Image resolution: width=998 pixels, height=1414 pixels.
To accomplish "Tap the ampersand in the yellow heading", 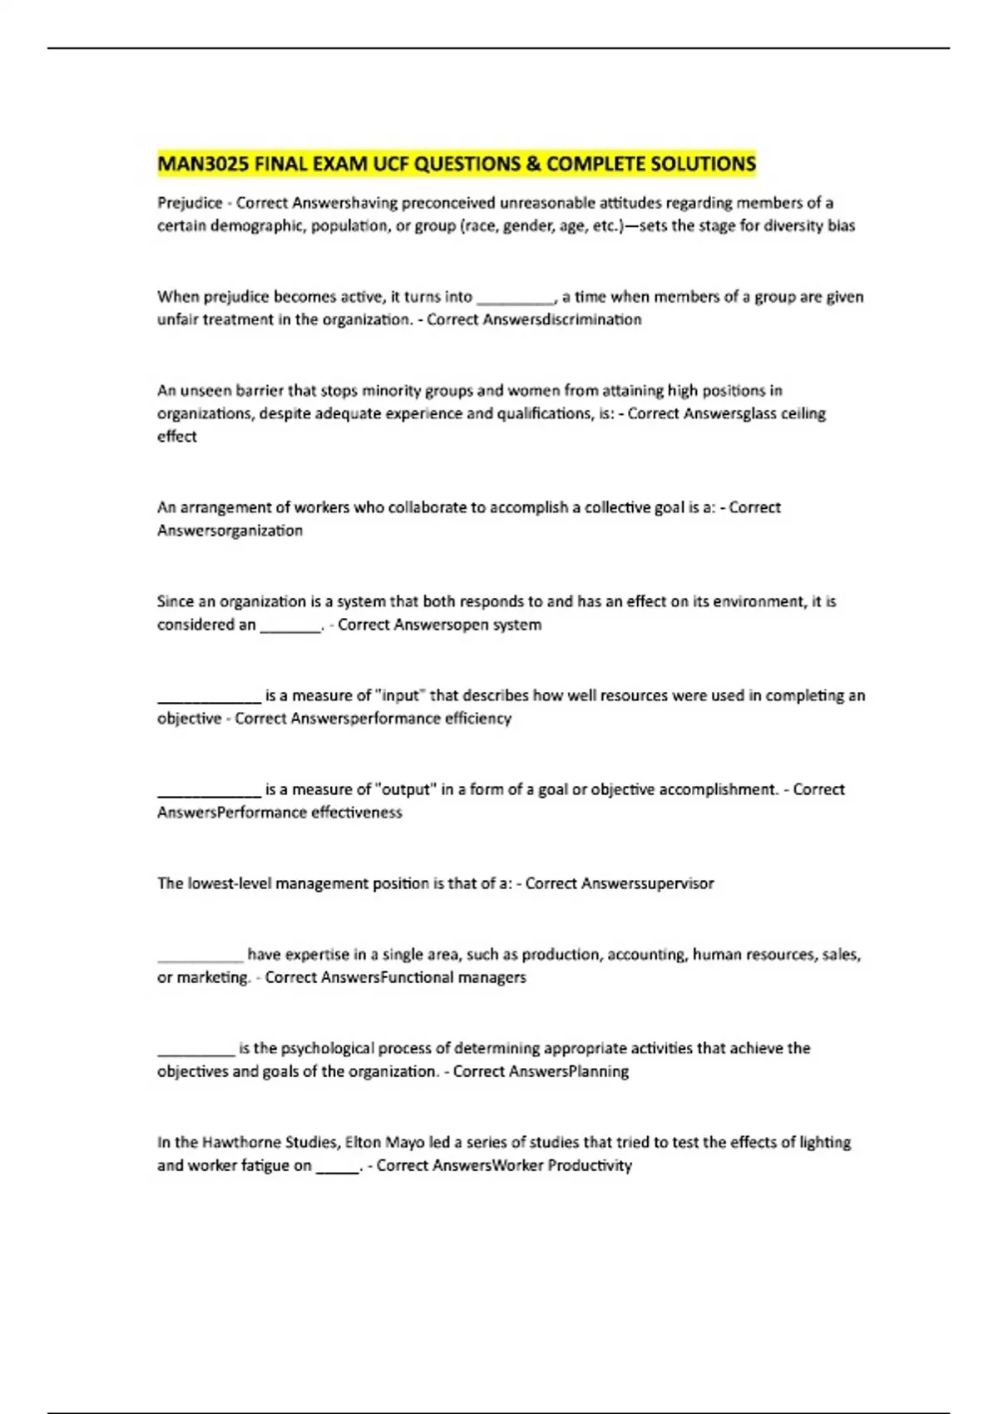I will [532, 163].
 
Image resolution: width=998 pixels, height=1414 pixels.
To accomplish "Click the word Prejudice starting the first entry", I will [190, 203].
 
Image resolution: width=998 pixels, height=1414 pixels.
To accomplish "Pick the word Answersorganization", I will [230, 531].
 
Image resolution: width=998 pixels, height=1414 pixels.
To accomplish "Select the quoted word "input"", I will [400, 695].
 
